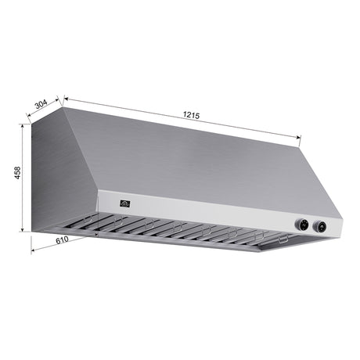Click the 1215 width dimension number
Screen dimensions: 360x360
tap(191, 115)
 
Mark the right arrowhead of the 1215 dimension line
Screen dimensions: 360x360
tap(300, 139)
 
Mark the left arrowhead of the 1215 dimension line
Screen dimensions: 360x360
tap(66, 99)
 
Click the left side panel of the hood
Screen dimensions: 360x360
tap(63, 180)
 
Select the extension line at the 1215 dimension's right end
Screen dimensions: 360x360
tap(301, 141)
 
